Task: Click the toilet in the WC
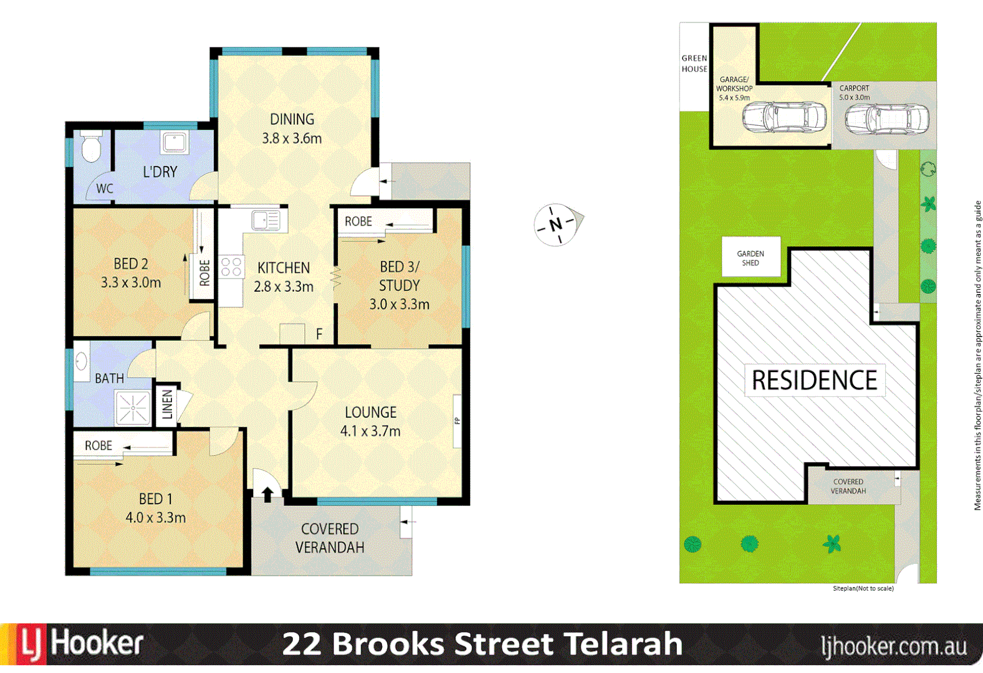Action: coord(92,146)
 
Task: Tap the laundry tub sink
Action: coord(175,143)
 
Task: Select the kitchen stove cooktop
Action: coord(231,267)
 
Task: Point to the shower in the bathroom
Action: coord(133,408)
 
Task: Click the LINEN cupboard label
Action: coord(167,404)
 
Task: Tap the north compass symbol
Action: coord(557,224)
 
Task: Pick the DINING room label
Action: coord(292,119)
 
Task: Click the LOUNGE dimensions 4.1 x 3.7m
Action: coord(370,431)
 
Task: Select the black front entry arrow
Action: coord(267,494)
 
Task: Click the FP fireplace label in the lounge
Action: coord(457,421)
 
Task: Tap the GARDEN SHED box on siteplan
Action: coord(750,257)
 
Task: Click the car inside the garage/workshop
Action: coord(784,117)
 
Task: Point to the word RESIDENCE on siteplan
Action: coord(814,380)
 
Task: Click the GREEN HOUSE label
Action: coord(694,64)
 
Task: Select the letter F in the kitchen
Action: coord(319,335)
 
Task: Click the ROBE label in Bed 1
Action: coord(98,446)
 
